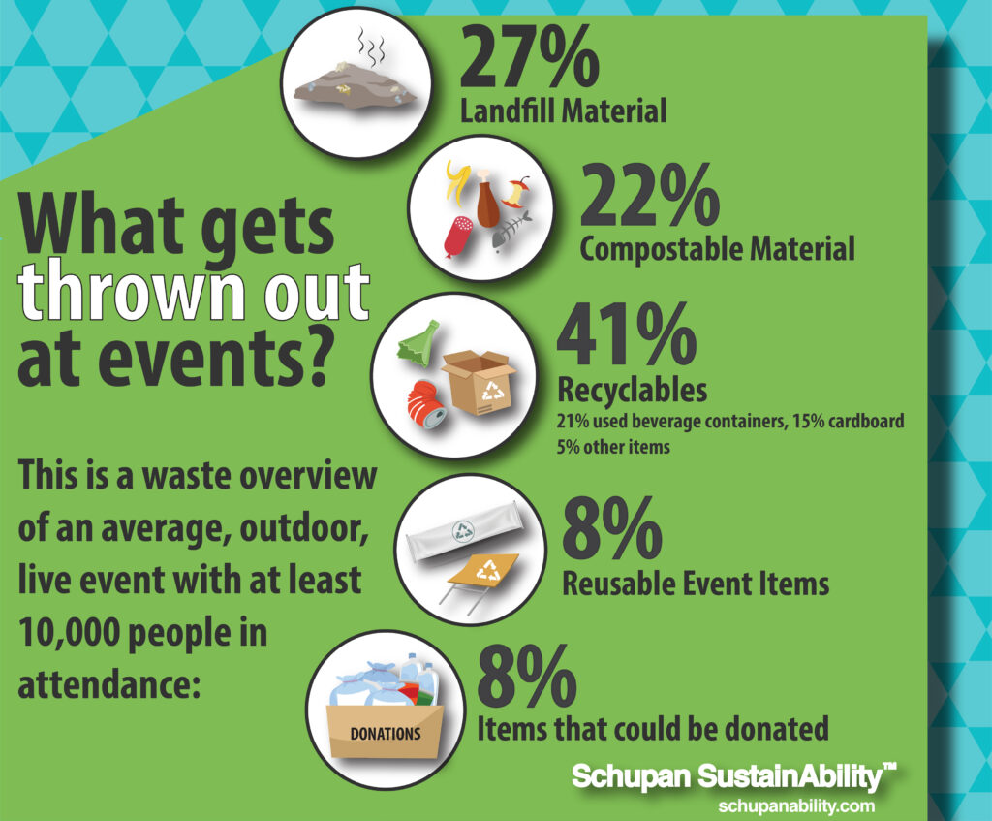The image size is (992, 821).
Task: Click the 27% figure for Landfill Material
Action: point(530,58)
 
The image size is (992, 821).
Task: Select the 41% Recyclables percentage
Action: point(627,333)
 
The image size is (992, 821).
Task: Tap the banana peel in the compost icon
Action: point(457,179)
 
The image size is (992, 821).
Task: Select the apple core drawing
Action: point(515,193)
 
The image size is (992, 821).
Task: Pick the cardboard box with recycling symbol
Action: point(479,382)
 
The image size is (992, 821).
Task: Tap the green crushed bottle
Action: point(418,344)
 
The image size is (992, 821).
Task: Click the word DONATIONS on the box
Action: point(386,734)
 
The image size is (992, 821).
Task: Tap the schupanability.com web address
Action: point(796,805)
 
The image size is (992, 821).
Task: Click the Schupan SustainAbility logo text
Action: point(734,776)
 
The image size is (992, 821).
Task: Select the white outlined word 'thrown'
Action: point(131,291)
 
